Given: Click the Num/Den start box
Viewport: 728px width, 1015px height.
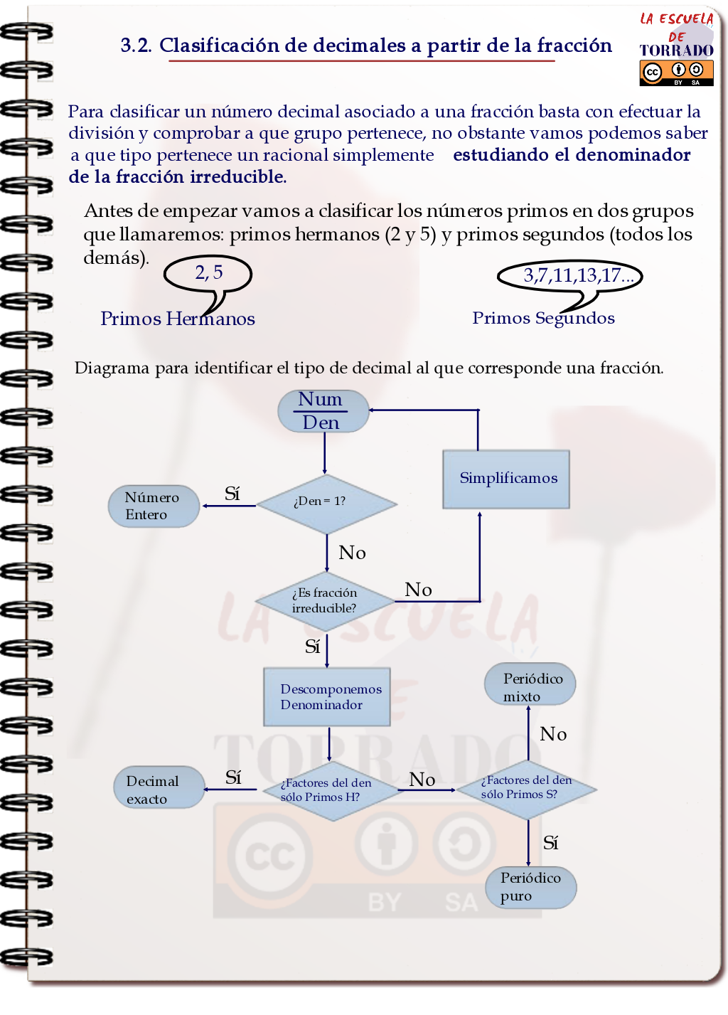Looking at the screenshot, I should (323, 411).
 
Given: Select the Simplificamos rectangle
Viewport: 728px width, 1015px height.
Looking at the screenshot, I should (506, 479).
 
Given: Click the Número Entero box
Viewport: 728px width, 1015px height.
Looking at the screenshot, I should (154, 506).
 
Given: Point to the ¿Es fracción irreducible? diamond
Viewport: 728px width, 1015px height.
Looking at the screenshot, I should (325, 601).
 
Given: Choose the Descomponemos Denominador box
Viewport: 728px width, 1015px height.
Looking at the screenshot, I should (327, 697).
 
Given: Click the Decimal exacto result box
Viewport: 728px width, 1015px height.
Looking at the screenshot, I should (159, 787).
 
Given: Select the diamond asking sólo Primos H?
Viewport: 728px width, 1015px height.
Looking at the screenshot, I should (329, 790).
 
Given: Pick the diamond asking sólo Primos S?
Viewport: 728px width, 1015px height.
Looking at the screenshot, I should (527, 788).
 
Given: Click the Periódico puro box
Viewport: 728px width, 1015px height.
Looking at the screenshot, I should (530, 887).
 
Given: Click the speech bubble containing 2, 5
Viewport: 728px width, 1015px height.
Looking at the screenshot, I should (208, 274).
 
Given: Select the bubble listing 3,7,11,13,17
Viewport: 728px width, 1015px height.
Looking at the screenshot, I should (570, 276).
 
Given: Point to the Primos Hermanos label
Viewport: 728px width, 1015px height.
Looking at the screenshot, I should (178, 319).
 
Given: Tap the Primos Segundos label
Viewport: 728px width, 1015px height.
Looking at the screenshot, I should (543, 318).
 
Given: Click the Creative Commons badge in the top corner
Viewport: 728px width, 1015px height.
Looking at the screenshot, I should (676, 73).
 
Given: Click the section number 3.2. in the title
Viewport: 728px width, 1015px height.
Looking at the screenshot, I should (136, 46).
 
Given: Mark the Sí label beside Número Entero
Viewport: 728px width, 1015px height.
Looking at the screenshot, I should (232, 494).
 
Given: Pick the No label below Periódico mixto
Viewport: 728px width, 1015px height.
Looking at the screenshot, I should (553, 735).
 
